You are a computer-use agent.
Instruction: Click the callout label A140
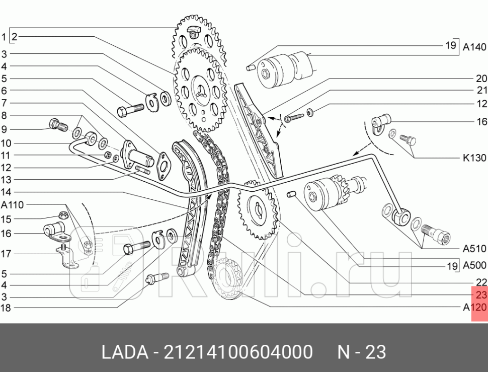click(x=474, y=47)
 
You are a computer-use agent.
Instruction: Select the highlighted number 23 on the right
click(x=481, y=295)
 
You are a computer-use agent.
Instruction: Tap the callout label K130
click(x=474, y=158)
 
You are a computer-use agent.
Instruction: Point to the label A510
click(x=474, y=248)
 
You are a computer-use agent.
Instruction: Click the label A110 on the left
click(x=12, y=205)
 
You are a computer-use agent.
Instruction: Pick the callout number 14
click(x=6, y=192)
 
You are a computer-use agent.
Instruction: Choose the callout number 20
click(x=481, y=79)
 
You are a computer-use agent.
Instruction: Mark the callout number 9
click(x=4, y=129)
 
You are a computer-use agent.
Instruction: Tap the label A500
click(x=474, y=266)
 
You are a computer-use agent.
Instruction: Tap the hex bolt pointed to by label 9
click(x=55, y=124)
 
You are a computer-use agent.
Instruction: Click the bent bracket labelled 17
click(x=66, y=257)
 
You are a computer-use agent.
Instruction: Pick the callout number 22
click(x=481, y=282)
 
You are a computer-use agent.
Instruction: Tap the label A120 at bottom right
click(x=474, y=308)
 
